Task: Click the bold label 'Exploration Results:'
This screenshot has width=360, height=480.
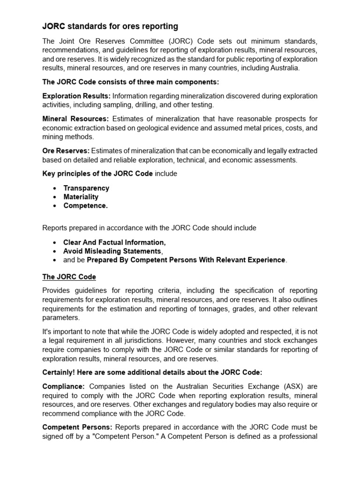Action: (x=76, y=96)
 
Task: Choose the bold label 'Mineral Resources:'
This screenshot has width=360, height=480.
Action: (x=75, y=119)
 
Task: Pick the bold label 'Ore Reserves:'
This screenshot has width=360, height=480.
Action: (x=66, y=150)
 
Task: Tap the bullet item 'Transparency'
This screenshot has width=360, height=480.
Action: (x=86, y=188)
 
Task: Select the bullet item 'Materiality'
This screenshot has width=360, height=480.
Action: (x=81, y=197)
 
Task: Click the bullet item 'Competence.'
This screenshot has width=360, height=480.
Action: (x=85, y=206)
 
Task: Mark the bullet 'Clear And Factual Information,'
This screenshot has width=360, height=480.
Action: (x=114, y=242)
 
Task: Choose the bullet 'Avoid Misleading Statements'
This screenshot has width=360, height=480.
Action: (x=112, y=251)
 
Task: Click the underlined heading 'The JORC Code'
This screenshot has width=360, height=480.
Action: (x=69, y=277)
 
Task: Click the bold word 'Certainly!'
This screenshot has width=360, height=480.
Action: (x=60, y=372)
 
